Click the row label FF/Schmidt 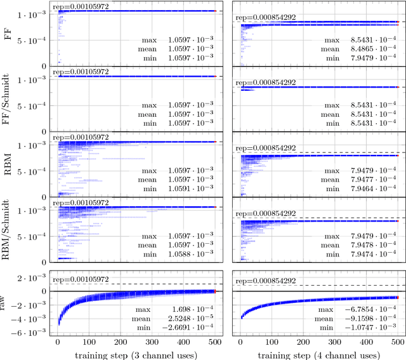pos(8,99)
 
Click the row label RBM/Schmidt pos(8,229)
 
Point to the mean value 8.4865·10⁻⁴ pos(370,48)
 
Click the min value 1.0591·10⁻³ pos(188,189)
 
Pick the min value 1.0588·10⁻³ pos(188,254)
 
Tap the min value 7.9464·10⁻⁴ pos(370,189)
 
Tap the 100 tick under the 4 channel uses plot pos(272,341)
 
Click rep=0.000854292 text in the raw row pos(265,280)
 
